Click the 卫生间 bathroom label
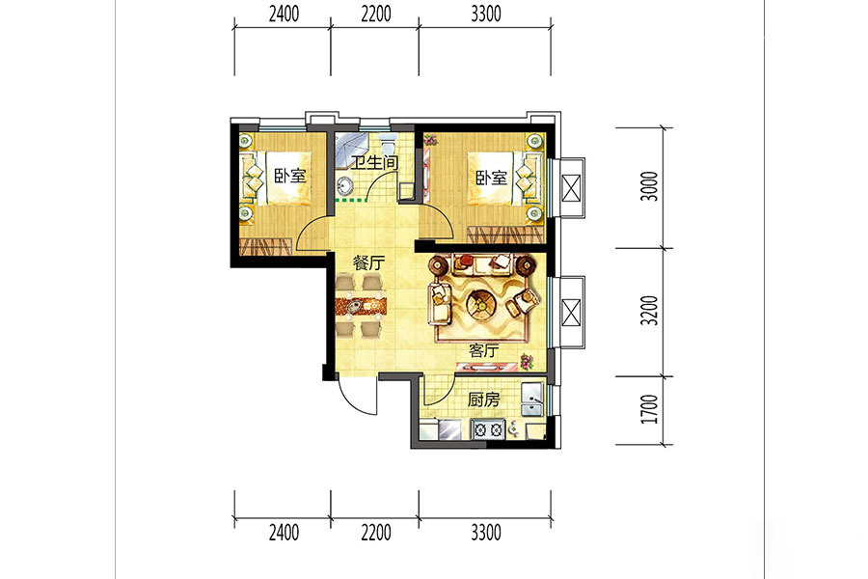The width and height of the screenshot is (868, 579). [376, 163]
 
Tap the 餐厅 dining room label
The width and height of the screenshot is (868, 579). [368, 263]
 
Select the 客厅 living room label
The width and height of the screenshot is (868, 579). [483, 350]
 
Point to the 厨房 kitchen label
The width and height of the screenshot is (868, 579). [483, 400]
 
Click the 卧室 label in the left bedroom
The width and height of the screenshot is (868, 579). [290, 177]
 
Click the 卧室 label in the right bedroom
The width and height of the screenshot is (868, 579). [491, 178]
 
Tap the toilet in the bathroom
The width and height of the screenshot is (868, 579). [388, 143]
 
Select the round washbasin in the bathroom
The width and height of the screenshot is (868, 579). [345, 184]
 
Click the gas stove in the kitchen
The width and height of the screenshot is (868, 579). [488, 428]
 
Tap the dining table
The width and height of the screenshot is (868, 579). [361, 305]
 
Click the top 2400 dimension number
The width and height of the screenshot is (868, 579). [284, 14]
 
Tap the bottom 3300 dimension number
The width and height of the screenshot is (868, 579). [485, 533]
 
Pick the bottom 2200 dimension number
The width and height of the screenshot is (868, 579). [376, 533]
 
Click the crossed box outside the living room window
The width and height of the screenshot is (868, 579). [571, 312]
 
